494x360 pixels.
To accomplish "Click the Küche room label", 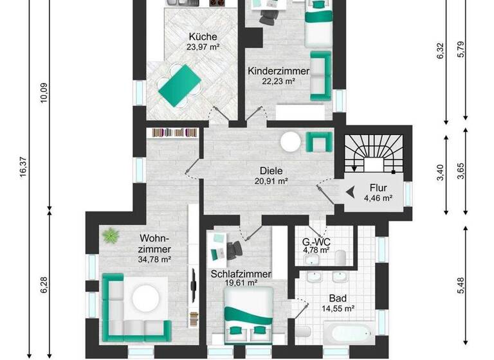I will tap(203, 36).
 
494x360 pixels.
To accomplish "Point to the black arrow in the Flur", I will tap(351, 191).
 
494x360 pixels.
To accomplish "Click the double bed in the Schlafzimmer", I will tap(249, 315).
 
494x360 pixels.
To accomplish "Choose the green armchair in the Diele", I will tap(318, 141).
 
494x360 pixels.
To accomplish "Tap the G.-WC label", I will tap(316, 242).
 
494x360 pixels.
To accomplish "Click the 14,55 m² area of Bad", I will tap(337, 309).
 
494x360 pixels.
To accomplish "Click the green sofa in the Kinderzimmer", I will tap(320, 75).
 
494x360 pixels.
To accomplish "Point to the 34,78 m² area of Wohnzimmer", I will tap(154, 259).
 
